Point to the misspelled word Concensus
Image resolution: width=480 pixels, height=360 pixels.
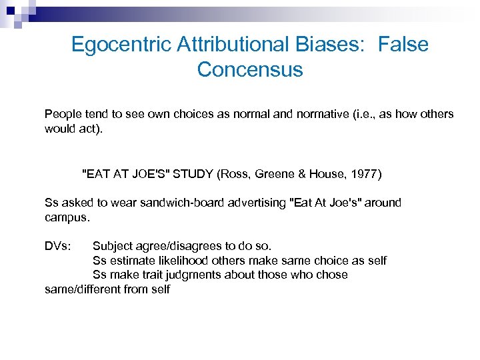coord(250,69)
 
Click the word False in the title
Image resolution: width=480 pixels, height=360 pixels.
coord(403,45)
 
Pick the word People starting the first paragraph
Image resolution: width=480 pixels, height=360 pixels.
coord(62,114)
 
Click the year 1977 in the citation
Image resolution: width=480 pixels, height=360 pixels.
coord(366,175)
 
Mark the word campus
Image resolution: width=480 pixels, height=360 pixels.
coord(66,217)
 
